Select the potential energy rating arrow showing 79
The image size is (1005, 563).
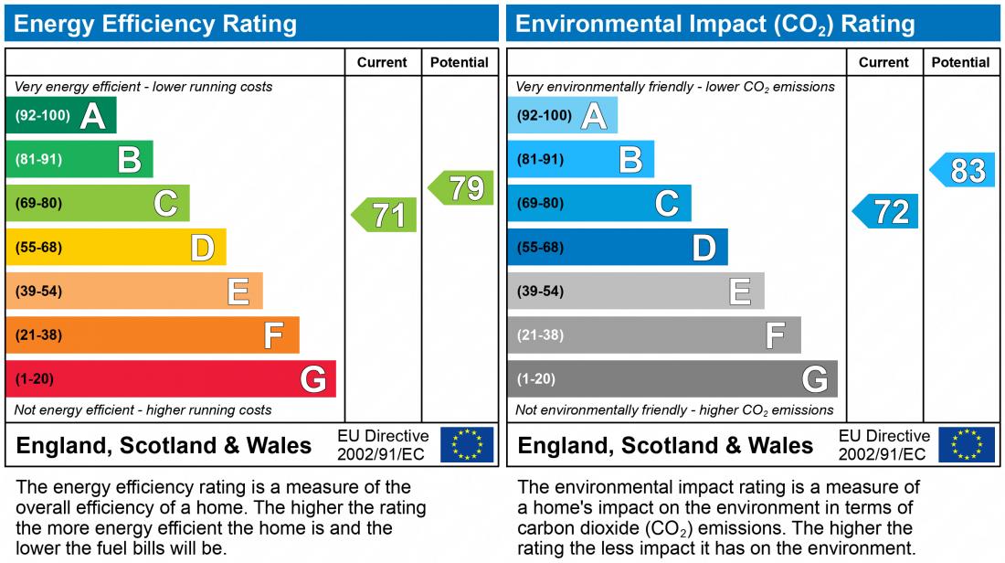point(462,187)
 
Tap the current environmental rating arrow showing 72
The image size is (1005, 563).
point(886,211)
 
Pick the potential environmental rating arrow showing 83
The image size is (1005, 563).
point(964,170)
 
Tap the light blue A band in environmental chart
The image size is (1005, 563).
point(563,115)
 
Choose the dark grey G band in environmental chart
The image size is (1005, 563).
point(672,378)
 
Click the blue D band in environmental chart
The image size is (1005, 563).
point(618,247)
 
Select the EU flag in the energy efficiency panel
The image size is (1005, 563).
point(467,445)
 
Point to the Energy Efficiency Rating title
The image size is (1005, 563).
point(155,24)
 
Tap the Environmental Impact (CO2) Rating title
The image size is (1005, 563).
point(714,24)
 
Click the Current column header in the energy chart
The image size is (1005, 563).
point(382,62)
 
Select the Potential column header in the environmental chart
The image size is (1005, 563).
point(960,62)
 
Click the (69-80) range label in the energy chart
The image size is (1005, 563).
point(38,203)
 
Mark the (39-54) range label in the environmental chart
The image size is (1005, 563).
point(540,291)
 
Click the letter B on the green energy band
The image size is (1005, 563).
point(129,160)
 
